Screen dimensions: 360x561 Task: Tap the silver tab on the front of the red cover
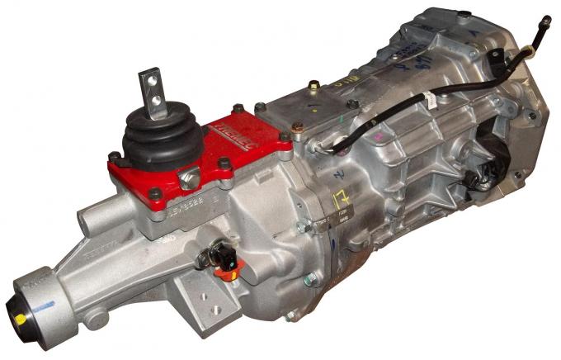(x=190, y=177)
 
